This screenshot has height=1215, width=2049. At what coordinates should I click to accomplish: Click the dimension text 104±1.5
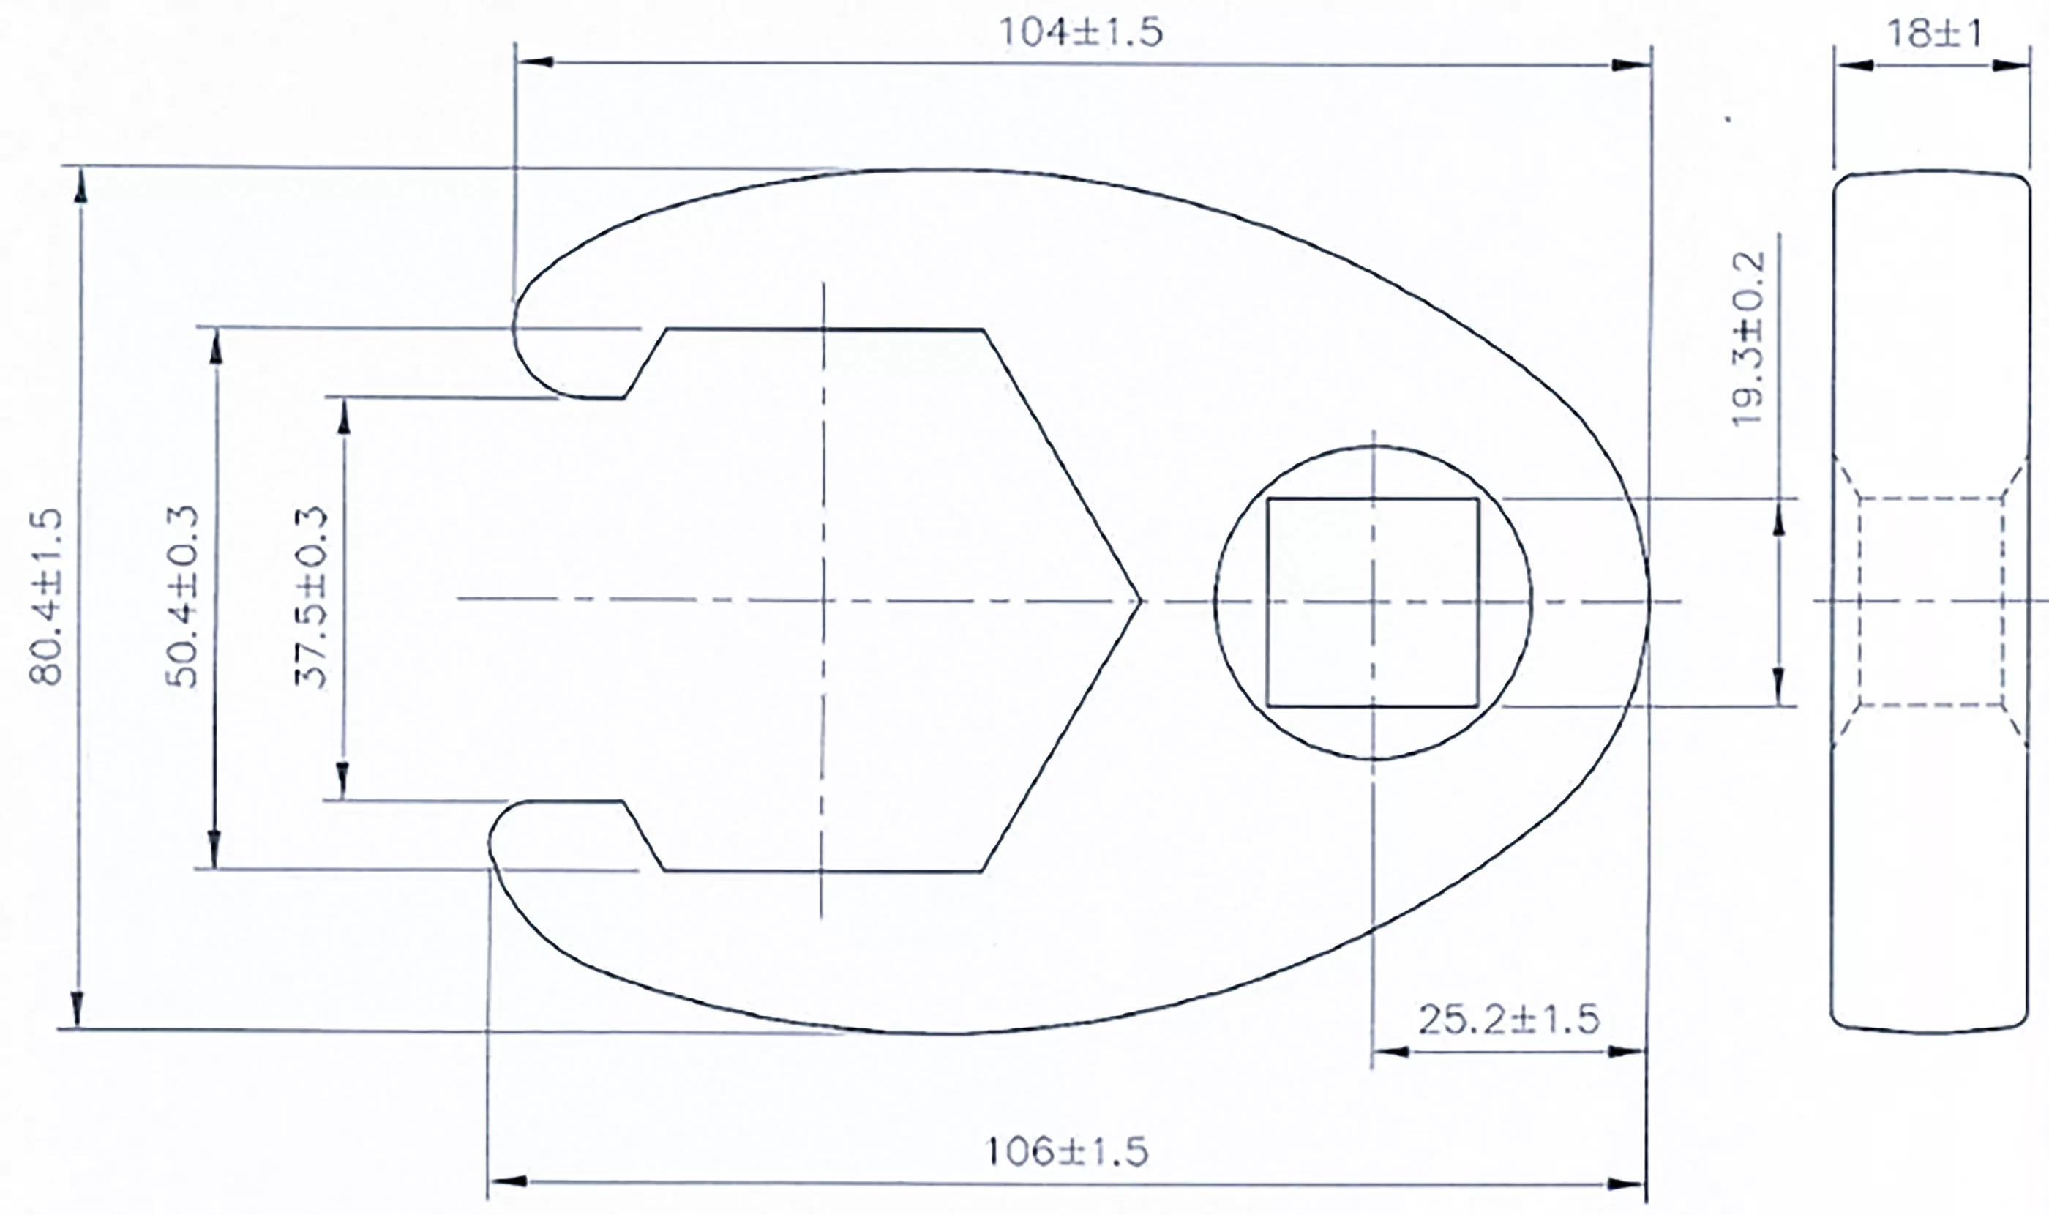coord(1080,34)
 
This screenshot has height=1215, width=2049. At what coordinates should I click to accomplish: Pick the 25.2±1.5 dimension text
coord(1508,1020)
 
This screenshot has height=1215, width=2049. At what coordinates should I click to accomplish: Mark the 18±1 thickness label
coord(1933,34)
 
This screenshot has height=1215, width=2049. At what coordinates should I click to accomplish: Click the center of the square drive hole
coord(1373,602)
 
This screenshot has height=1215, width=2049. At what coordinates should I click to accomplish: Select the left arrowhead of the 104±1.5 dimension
coord(536,62)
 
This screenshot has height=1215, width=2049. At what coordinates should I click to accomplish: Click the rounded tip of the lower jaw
coord(490,843)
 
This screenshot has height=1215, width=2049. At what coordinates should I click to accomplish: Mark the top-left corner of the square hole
coord(1268,499)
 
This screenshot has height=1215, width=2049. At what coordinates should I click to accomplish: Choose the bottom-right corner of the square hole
coord(1477,706)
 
